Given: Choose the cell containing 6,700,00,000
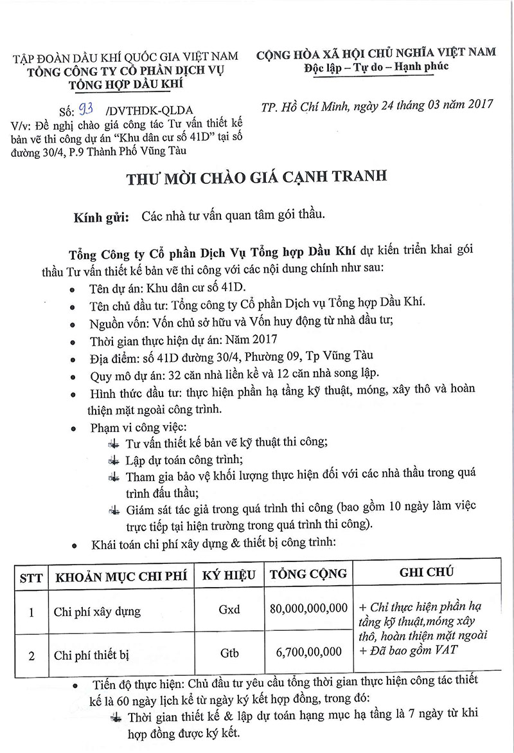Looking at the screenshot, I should (x=309, y=653).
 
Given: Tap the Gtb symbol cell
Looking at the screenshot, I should (x=229, y=653).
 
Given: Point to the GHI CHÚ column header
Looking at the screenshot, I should (x=427, y=572).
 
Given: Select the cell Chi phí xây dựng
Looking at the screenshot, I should (x=97, y=610).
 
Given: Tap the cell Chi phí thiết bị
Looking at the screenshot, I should (x=92, y=655).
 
